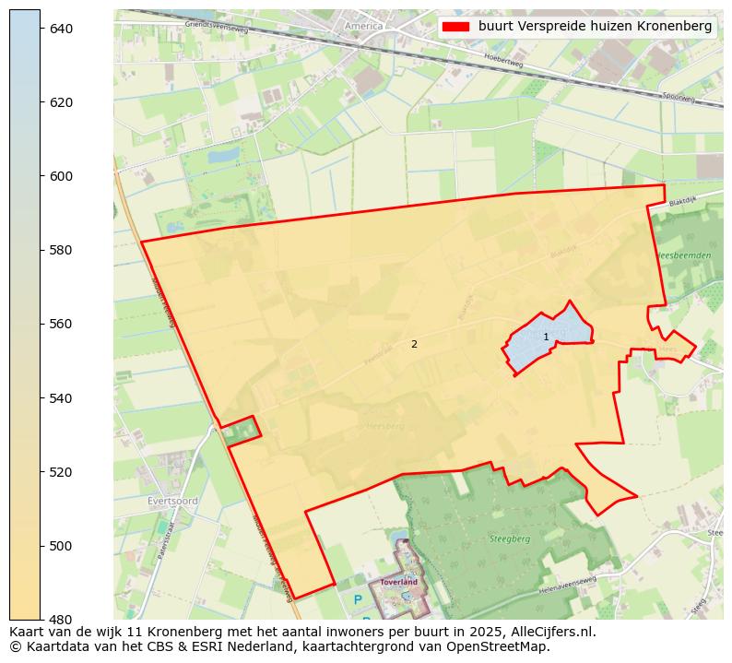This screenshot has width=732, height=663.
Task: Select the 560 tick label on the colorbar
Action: coord(60,324)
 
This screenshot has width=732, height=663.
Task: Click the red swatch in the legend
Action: coord(455,27)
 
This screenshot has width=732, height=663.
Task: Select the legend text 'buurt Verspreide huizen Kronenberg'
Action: coord(595,27)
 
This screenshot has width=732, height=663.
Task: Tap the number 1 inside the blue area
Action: coord(546,337)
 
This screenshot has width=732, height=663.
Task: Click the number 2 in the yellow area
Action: coord(414,344)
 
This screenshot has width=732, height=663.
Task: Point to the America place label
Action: coord(363,26)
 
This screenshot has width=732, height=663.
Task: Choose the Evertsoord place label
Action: coord(172,501)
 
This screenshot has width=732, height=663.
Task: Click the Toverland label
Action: coord(399,583)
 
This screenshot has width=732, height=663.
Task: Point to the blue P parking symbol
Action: coord(358,600)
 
